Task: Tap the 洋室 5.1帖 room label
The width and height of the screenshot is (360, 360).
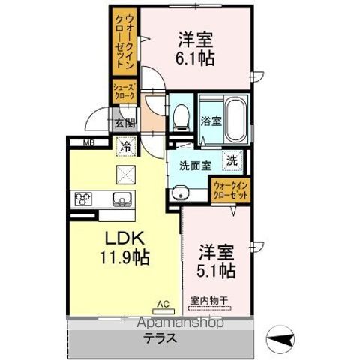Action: coord(217,259)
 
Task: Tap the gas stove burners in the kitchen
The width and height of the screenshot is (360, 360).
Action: coord(82,199)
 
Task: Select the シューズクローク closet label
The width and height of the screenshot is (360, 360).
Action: coord(124,92)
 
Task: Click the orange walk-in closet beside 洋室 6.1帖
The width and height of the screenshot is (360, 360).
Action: coord(124,42)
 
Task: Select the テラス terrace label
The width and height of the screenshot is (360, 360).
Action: coord(160,337)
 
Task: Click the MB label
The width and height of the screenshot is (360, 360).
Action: coord(88,142)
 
